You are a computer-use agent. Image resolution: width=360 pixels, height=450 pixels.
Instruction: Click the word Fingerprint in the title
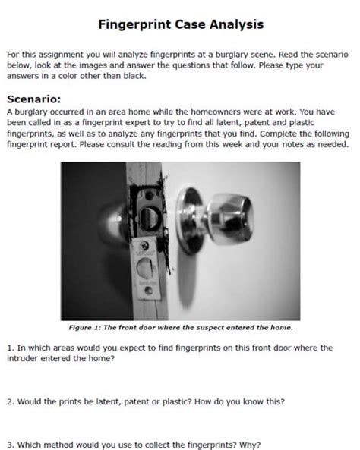pos(134,25)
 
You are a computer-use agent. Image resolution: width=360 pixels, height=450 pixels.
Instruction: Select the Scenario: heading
pos(34,99)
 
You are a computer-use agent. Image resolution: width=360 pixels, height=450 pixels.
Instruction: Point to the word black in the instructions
pos(134,76)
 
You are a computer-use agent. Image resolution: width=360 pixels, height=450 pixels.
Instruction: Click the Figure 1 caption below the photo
pos(181,328)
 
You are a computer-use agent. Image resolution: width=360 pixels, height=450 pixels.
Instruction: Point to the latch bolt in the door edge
pos(149,219)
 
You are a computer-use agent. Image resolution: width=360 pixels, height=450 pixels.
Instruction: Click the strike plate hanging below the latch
pos(145,269)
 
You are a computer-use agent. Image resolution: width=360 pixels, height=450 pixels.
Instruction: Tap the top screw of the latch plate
pos(149,196)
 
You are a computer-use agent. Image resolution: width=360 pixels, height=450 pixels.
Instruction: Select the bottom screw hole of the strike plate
pos(149,291)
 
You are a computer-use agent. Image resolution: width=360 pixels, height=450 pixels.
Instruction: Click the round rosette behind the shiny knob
pos(188,220)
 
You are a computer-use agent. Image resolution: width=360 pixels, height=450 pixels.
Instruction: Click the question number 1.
pos(11,348)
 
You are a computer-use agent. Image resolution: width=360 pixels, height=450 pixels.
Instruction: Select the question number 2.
pos(11,401)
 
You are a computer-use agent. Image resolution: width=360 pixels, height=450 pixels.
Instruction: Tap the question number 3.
pos(11,445)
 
